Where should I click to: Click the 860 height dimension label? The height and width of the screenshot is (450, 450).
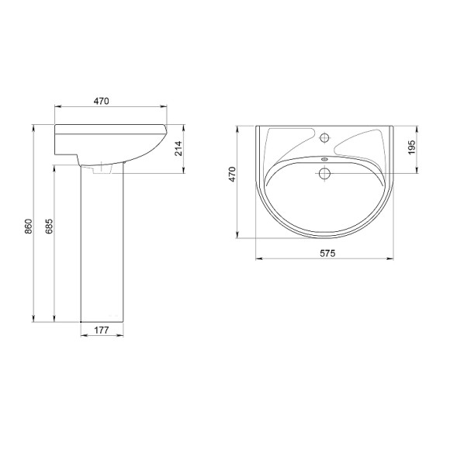point(29,226)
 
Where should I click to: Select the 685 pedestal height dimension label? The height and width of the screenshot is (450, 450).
point(49,226)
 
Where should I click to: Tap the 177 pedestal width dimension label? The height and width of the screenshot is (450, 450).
point(102,331)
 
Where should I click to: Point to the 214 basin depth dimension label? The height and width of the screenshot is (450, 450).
point(178,148)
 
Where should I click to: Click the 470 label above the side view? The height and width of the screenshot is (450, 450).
point(102,101)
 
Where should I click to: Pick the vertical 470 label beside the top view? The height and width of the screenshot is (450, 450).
point(232,174)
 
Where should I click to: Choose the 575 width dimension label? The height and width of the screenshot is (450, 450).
point(327,253)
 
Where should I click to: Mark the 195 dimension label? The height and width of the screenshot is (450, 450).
point(411,147)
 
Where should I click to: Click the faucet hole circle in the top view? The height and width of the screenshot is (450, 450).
point(324,138)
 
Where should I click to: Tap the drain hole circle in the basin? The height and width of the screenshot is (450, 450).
point(324,173)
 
